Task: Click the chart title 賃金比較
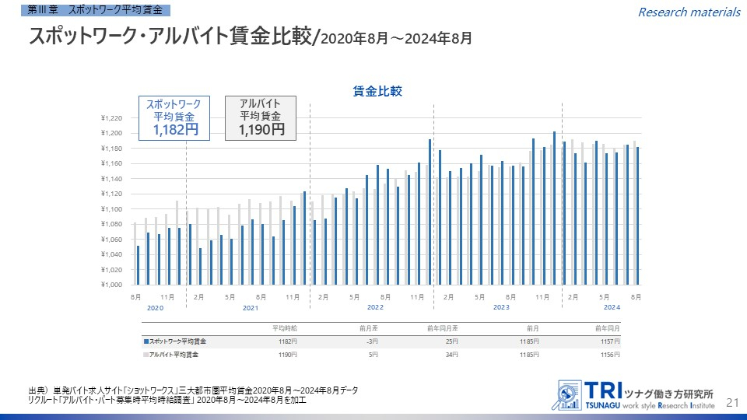pyautogui.click(x=377, y=91)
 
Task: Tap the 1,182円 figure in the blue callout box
pyautogui.click(x=175, y=130)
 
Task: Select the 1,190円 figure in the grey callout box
pyautogui.click(x=261, y=130)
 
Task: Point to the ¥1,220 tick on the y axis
pyautogui.click(x=112, y=118)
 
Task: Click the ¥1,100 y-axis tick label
pyautogui.click(x=112, y=209)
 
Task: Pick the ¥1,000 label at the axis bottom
pyautogui.click(x=112, y=285)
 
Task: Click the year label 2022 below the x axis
pyautogui.click(x=375, y=308)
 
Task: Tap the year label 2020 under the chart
pyautogui.click(x=155, y=308)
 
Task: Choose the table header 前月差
pyautogui.click(x=368, y=328)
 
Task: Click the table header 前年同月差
pyautogui.click(x=444, y=328)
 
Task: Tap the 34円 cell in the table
pyautogui.click(x=453, y=355)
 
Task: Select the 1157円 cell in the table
pyautogui.click(x=611, y=341)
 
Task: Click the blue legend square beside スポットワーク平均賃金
pyautogui.click(x=146, y=341)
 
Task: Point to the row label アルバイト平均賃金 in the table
pyautogui.click(x=174, y=355)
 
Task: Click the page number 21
pyautogui.click(x=731, y=402)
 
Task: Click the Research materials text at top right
pyautogui.click(x=689, y=12)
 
